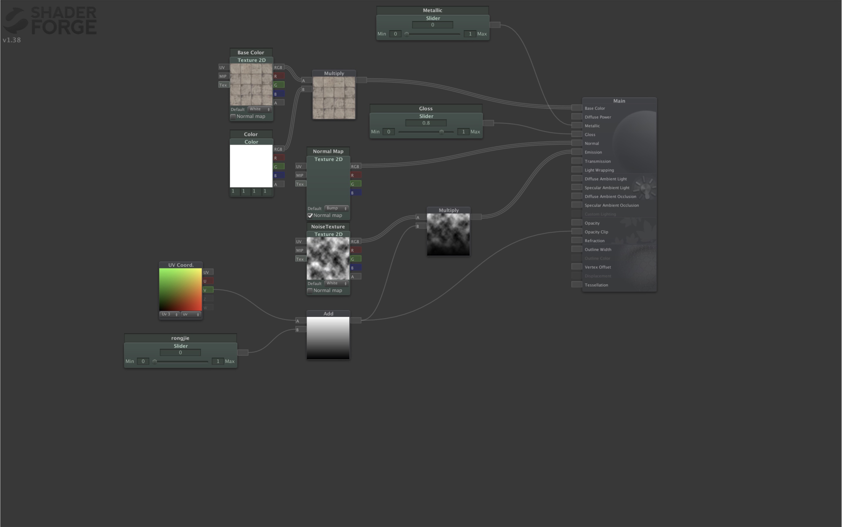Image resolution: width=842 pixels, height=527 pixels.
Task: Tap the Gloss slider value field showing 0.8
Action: [426, 123]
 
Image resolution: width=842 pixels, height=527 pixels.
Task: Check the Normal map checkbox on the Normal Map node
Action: [310, 215]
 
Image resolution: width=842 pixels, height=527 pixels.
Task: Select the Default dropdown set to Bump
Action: [336, 208]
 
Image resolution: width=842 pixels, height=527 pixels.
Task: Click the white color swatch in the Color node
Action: [251, 166]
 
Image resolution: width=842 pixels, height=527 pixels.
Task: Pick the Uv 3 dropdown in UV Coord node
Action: [169, 314]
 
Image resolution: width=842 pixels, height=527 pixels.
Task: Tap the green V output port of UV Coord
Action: [208, 290]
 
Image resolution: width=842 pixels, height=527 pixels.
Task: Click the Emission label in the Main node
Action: [593, 152]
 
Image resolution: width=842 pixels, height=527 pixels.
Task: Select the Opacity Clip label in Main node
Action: [596, 232]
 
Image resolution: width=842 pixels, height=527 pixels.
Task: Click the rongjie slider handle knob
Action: [155, 362]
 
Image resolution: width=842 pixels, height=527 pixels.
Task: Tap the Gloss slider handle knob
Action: [441, 132]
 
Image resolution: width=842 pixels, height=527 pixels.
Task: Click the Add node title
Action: [328, 314]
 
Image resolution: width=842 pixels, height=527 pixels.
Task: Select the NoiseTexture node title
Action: [328, 227]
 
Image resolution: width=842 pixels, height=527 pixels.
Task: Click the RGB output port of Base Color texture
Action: [278, 67]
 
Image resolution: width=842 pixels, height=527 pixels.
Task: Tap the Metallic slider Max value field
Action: [470, 34]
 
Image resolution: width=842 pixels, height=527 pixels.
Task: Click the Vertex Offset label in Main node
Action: [598, 267]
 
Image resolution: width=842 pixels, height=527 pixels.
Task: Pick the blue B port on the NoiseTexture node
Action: [356, 268]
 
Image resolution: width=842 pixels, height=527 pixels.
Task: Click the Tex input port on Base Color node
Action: [223, 85]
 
